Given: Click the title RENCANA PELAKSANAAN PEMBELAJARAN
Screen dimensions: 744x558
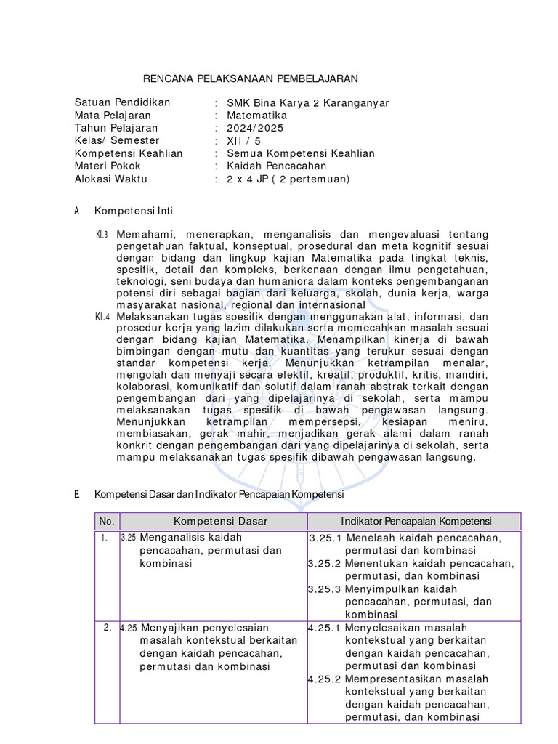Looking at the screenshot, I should pyautogui.click(x=249, y=78).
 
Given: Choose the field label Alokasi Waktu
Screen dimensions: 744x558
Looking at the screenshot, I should pyautogui.click(x=113, y=178).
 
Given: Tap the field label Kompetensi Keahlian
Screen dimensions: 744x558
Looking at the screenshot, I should pyautogui.click(x=129, y=153).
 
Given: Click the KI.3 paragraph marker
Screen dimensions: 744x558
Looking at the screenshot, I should pyautogui.click(x=101, y=235).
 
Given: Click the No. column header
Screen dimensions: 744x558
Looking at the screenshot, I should pyautogui.click(x=107, y=522).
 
